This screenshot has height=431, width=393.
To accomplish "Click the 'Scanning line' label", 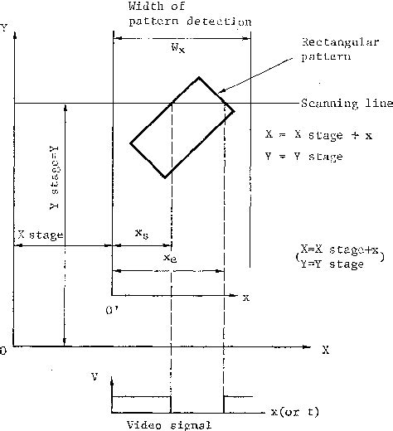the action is coord(347,104).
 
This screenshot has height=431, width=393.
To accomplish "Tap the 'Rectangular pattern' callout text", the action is coord(340,49).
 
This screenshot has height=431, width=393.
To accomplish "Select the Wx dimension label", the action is coord(178,48).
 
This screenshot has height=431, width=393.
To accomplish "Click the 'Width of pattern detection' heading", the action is coord(190,14).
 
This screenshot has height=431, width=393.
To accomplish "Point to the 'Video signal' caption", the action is coord(169,425).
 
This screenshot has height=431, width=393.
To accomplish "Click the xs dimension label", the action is coord(142,234).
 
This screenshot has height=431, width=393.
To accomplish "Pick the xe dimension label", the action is coord(170,258).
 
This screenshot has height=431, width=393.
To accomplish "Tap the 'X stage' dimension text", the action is coord(41,235).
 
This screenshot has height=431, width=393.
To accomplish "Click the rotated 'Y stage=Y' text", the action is coord(54,177).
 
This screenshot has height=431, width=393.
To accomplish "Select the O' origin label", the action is coord(112,311).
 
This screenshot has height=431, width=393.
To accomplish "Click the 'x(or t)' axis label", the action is coord(295,412).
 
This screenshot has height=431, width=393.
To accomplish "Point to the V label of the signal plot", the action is coord(95,376).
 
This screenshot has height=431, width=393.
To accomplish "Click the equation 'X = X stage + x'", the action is coord(318,135).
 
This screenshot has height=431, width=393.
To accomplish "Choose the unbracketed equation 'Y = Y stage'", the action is coord(303,157).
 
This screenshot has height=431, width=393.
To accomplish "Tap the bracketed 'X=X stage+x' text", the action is coord(339,249).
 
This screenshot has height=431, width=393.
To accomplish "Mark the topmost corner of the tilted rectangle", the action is coord(199,77).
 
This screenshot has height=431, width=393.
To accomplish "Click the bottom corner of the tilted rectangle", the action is coord(165,177).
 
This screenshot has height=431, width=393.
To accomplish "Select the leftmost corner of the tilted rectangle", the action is coord(130,143).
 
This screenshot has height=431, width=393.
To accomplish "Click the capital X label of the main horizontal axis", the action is coord(326,350).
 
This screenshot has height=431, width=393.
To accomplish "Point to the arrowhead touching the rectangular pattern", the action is coord(221,91).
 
